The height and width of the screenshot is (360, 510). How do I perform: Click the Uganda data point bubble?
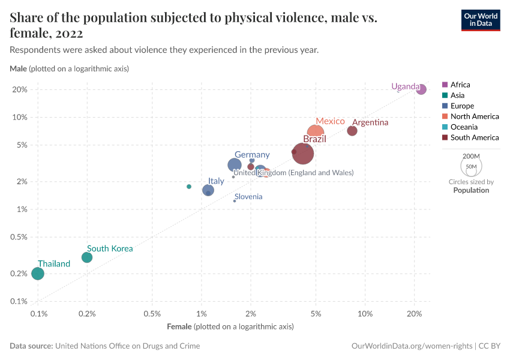point(421,89)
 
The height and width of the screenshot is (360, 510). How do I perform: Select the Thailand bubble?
point(38,274)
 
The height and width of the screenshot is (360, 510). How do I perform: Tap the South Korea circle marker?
point(87,257)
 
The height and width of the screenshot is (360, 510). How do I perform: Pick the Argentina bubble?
point(352,131)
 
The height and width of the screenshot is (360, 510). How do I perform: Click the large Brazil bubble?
point(304,154)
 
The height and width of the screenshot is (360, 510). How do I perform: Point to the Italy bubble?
point(208,190)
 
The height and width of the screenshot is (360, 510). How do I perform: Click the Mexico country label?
point(330,121)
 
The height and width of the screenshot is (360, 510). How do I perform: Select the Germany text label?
point(252,155)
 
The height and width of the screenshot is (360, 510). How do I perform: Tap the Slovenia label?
point(248,197)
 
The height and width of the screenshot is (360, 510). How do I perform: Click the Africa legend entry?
point(460,85)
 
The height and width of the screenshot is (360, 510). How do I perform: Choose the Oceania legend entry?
point(464,127)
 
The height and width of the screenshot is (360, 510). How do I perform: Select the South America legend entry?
point(474,137)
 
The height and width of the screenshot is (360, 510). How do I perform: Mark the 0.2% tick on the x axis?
point(87,314)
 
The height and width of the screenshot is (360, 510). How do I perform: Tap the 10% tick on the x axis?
point(365,314)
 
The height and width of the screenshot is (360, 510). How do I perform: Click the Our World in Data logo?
point(480,20)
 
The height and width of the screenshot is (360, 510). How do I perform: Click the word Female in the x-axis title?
point(179,327)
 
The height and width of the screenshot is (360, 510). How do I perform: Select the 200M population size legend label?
point(471,156)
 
